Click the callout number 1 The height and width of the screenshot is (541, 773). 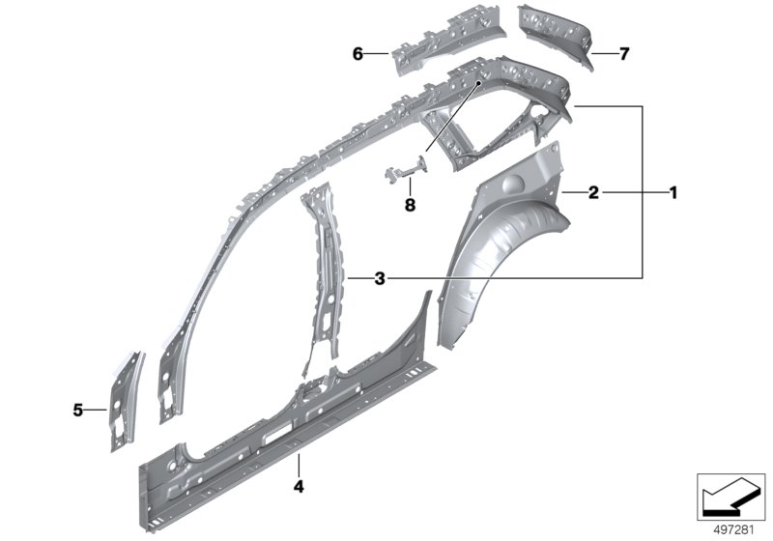point(673,192)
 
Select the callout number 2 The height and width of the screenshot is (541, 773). point(593,192)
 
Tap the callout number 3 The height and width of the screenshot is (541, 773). point(380,279)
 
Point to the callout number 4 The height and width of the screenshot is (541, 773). point(299,487)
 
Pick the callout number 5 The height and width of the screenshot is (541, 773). point(78,410)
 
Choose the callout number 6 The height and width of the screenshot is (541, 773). point(358,54)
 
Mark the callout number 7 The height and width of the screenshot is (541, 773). point(624,54)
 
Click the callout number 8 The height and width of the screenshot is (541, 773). point(410,205)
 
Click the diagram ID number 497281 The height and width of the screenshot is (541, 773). point(734,530)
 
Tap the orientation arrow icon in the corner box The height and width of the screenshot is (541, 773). point(730,498)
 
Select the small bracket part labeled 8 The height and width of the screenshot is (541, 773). point(405,169)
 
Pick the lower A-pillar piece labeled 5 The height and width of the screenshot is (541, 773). point(125,400)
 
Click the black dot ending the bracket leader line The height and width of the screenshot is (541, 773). point(477,84)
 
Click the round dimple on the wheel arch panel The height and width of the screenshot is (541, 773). point(512,184)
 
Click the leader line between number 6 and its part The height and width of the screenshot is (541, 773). point(378,53)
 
